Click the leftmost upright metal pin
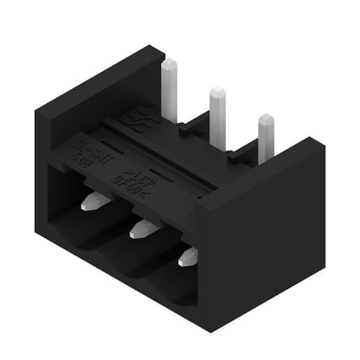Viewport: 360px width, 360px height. (170, 82)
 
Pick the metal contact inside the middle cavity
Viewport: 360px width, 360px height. (141, 229)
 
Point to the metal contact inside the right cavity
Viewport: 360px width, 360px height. (188, 256)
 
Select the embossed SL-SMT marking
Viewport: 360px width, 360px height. (87, 144)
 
